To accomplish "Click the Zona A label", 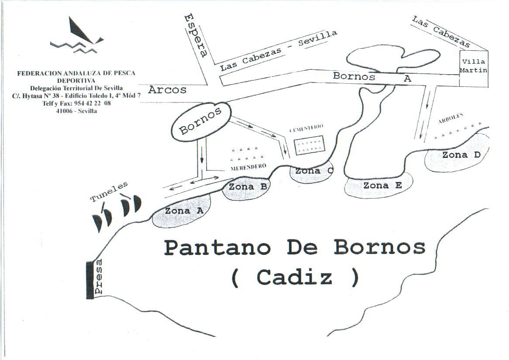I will point(184,211).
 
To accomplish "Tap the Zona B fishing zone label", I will point(248,187).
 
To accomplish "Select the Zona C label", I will point(313,171).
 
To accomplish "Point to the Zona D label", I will point(461,155).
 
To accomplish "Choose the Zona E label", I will point(382,185).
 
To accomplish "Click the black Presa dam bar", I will point(90,280).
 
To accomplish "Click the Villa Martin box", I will point(474,66).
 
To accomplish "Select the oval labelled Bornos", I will point(200,121).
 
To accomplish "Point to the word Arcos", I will point(167,90).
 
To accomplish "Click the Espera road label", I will point(196,35).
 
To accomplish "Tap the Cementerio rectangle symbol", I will point(309,145).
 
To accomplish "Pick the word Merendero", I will point(248,167).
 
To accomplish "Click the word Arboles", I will point(451,119).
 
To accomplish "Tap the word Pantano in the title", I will point(217,248).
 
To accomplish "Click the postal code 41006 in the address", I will point(65,111).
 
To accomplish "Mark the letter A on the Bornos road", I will point(407,79).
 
